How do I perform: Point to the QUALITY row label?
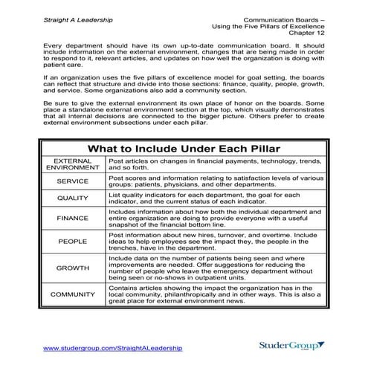click(72, 198)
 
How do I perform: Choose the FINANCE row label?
click(72, 219)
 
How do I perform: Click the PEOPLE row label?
click(72, 242)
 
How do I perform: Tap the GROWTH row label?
click(72, 267)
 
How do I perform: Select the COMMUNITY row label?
click(72, 294)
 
